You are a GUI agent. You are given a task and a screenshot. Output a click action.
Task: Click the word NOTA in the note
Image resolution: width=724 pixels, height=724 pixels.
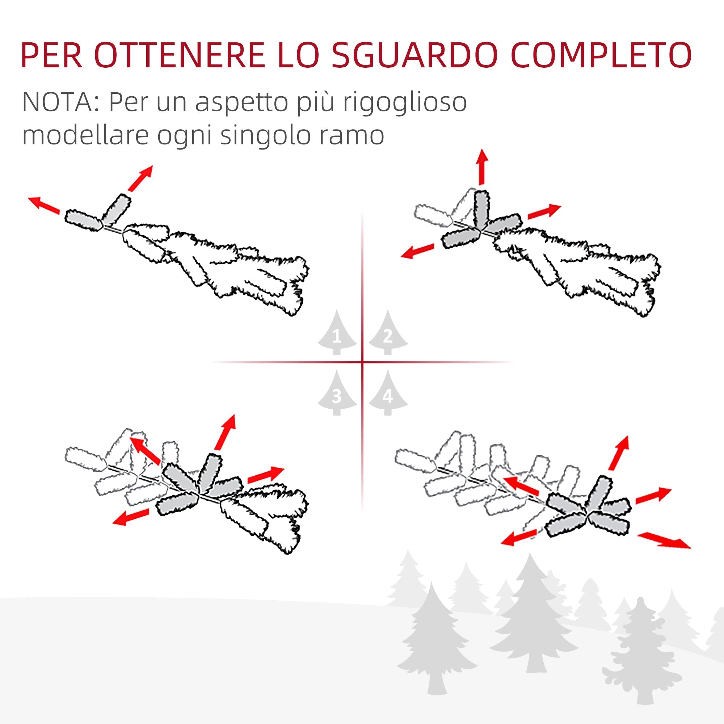[x=60, y=102]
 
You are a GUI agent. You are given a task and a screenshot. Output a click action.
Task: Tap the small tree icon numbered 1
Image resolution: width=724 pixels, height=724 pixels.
[x=337, y=333]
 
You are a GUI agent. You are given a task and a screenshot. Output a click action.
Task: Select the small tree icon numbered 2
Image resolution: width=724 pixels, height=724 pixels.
[x=388, y=333]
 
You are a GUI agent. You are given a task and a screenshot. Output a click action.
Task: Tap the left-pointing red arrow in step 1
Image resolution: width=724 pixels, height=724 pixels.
[x=44, y=205]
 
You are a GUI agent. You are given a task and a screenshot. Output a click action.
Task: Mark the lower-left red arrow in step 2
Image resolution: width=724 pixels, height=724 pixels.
[x=417, y=252]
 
